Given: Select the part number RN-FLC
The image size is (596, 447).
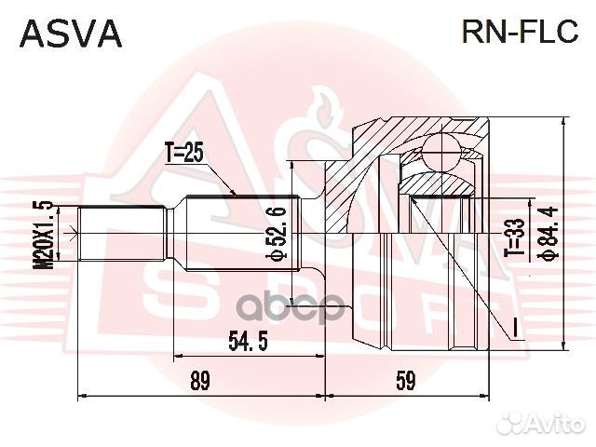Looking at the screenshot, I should pos(521,33).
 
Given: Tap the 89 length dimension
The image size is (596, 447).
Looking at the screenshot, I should pos(199,381).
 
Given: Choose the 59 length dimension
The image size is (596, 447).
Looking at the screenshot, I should pos(406,381).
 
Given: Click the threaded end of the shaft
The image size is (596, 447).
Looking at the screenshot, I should pos(122,233).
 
